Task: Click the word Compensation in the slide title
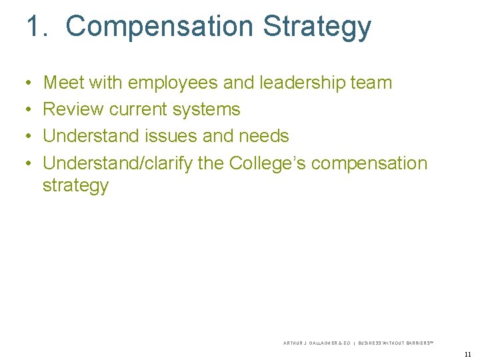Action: tap(159, 27)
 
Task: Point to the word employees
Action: tap(172, 83)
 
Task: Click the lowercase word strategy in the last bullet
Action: tap(75, 186)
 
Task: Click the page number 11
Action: tap(467, 354)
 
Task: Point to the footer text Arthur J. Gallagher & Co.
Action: tap(317, 343)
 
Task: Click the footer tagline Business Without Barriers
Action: tap(395, 343)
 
